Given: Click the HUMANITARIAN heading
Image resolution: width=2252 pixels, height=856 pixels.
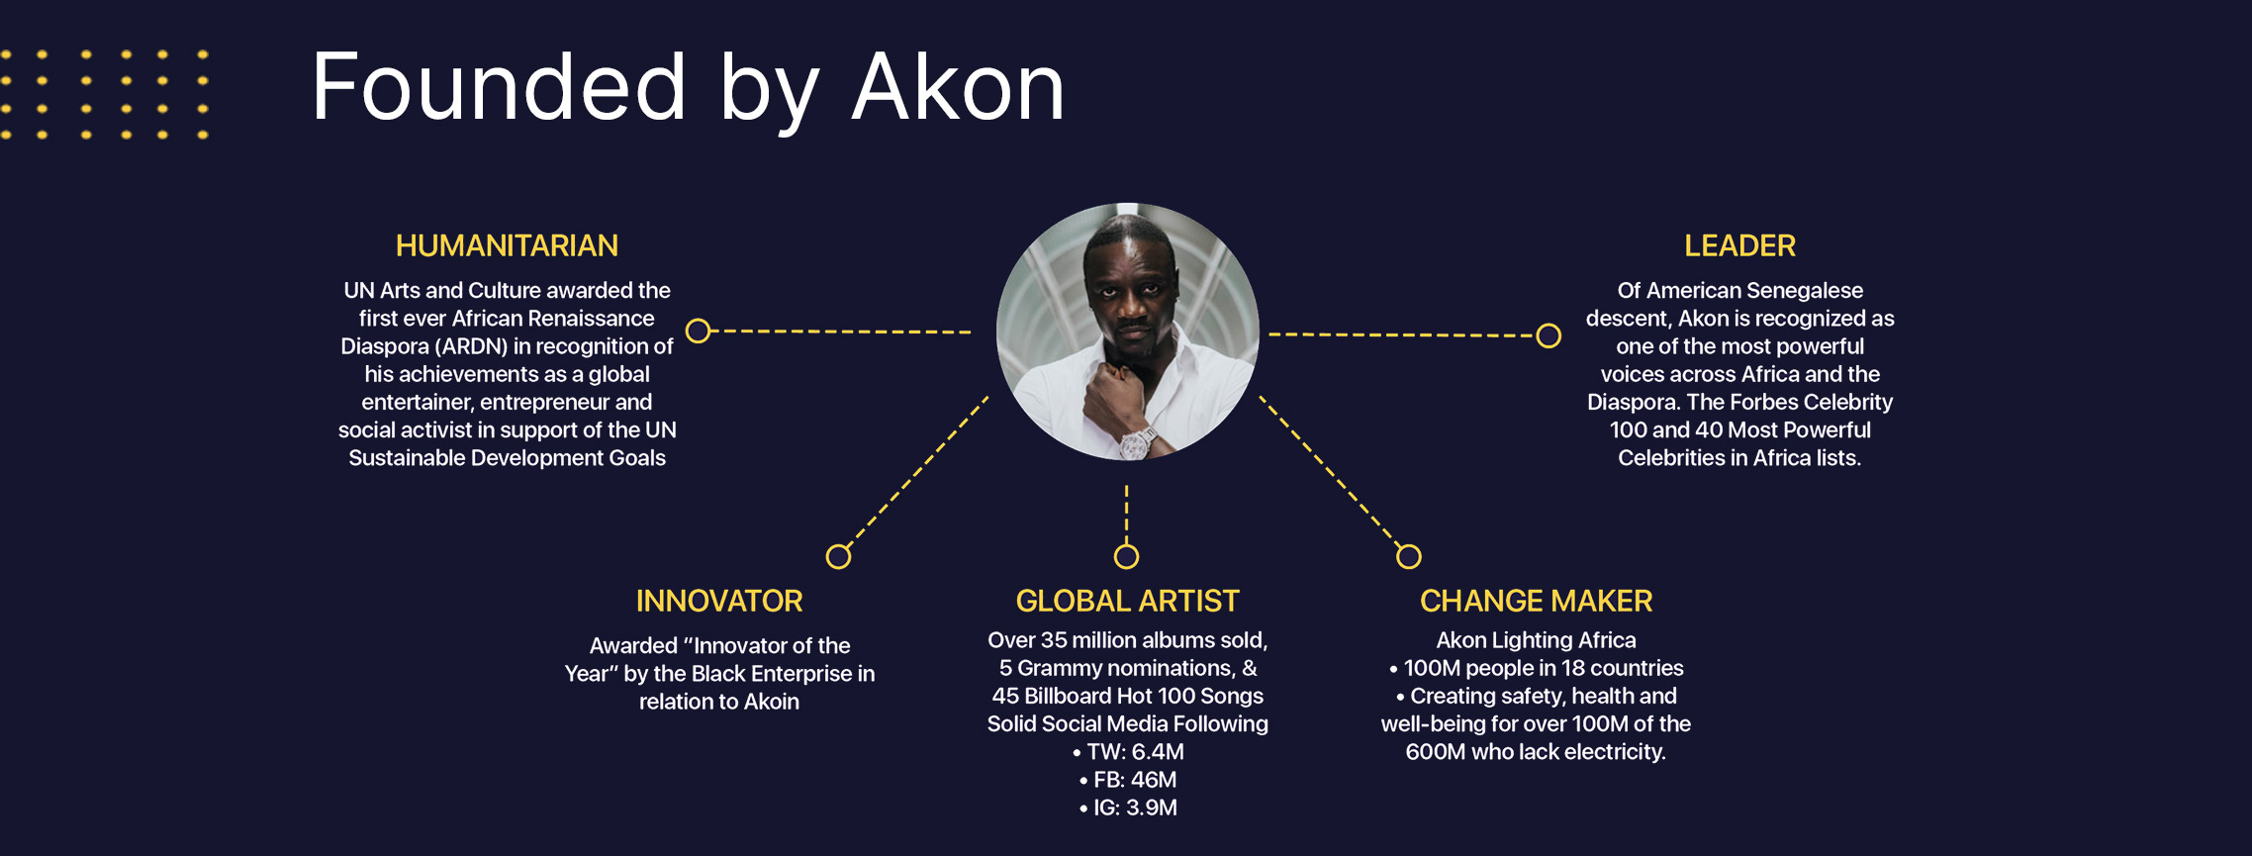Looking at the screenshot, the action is (x=507, y=245).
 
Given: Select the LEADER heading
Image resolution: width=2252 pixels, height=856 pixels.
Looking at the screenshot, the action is (x=1739, y=245).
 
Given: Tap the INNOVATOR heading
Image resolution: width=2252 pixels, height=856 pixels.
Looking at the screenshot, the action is (x=719, y=601).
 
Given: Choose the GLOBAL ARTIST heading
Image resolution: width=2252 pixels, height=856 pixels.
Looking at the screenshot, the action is (x=1127, y=601).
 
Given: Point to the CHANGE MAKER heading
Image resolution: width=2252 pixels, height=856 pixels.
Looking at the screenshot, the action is (x=1536, y=601).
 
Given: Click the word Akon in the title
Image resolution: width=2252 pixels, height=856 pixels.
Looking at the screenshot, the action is (x=958, y=87).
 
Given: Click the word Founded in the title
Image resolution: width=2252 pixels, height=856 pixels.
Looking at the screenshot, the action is (x=499, y=87).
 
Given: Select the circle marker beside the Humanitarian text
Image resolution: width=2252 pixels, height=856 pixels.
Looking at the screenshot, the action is (x=698, y=331).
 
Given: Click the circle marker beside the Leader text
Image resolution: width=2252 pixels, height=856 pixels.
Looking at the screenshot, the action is (x=1548, y=335).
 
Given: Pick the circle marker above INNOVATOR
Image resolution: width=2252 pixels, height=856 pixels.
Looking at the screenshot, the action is (x=838, y=556).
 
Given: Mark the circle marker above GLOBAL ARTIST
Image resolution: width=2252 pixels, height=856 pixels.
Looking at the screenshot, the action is (x=1126, y=556).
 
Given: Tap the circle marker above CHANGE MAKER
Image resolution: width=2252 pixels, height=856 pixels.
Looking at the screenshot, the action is (x=1408, y=556).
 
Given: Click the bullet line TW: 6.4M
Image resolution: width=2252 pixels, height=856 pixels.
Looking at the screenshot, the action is (x=1128, y=752).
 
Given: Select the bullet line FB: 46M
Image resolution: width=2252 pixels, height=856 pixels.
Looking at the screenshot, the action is (x=1128, y=780).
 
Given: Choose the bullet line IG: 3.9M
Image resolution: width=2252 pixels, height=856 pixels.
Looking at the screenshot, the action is (x=1128, y=808).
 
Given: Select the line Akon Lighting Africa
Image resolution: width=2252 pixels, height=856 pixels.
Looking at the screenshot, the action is (x=1536, y=640).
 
